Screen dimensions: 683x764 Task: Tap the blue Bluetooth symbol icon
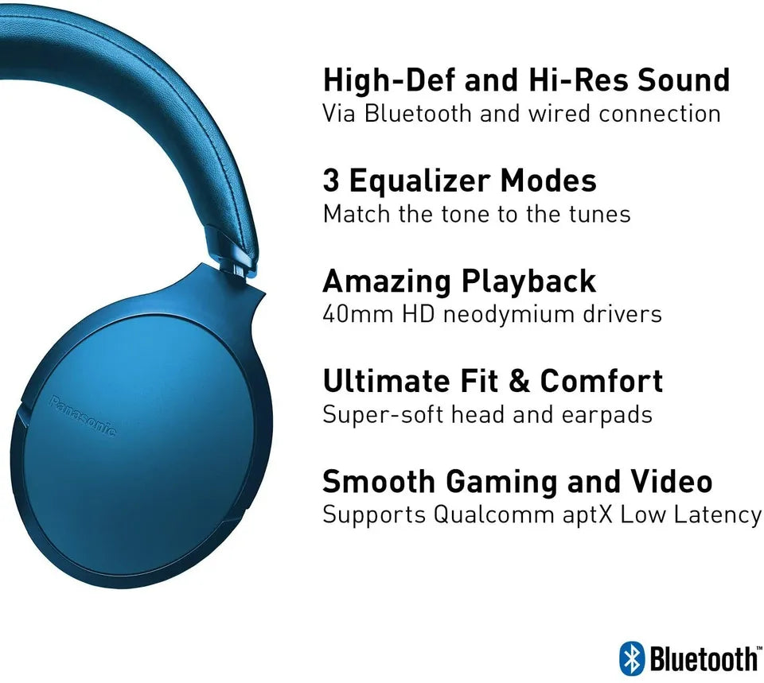pos(631,658)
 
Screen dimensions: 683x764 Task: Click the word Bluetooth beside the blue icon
pos(704,659)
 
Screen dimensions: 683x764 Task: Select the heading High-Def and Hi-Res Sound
pos(526,80)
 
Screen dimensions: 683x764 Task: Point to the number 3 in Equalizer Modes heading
pos(331,181)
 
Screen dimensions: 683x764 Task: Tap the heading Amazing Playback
pos(459,281)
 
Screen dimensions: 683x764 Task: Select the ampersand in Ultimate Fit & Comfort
pos(519,382)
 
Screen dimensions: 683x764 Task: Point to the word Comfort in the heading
pos(601,382)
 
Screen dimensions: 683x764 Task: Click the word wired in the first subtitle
pos(558,114)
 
